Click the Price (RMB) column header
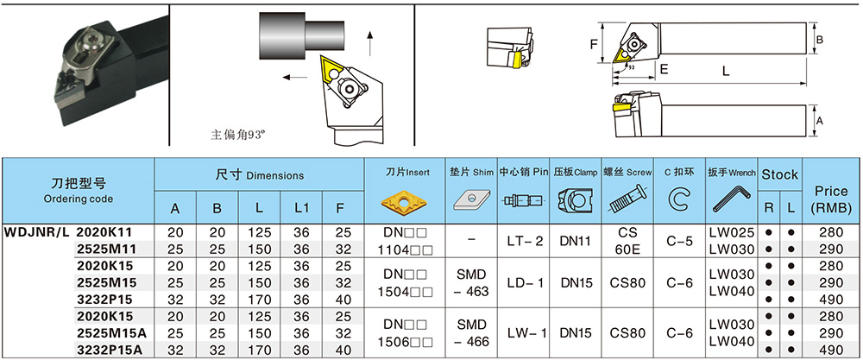[x=832, y=200]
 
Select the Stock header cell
[x=779, y=174]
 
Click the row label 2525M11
[x=104, y=248]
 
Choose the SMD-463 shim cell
[x=470, y=281]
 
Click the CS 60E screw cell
[x=627, y=240]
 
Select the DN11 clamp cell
[x=575, y=240]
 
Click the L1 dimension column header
[x=301, y=208]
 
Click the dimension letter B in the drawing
[x=821, y=40]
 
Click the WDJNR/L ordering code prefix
[x=37, y=232]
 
